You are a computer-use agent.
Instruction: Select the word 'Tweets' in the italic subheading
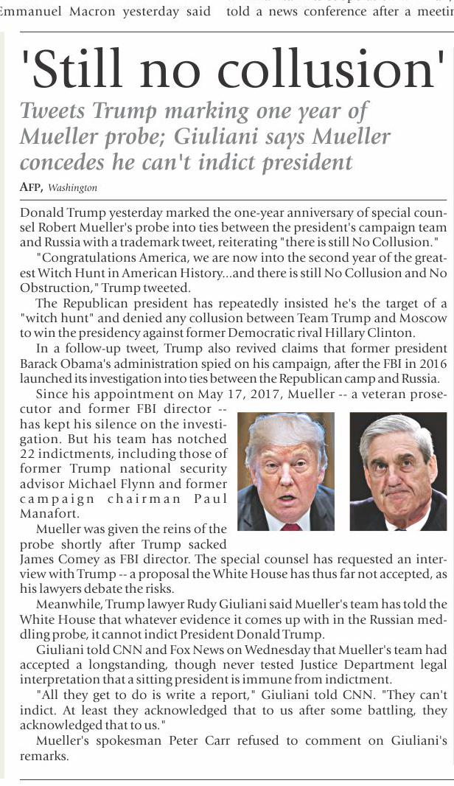coord(52,111)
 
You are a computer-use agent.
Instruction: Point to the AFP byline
coord(31,187)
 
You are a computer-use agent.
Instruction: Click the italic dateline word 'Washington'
coord(73,188)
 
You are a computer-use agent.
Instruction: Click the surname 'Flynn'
coord(209,484)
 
